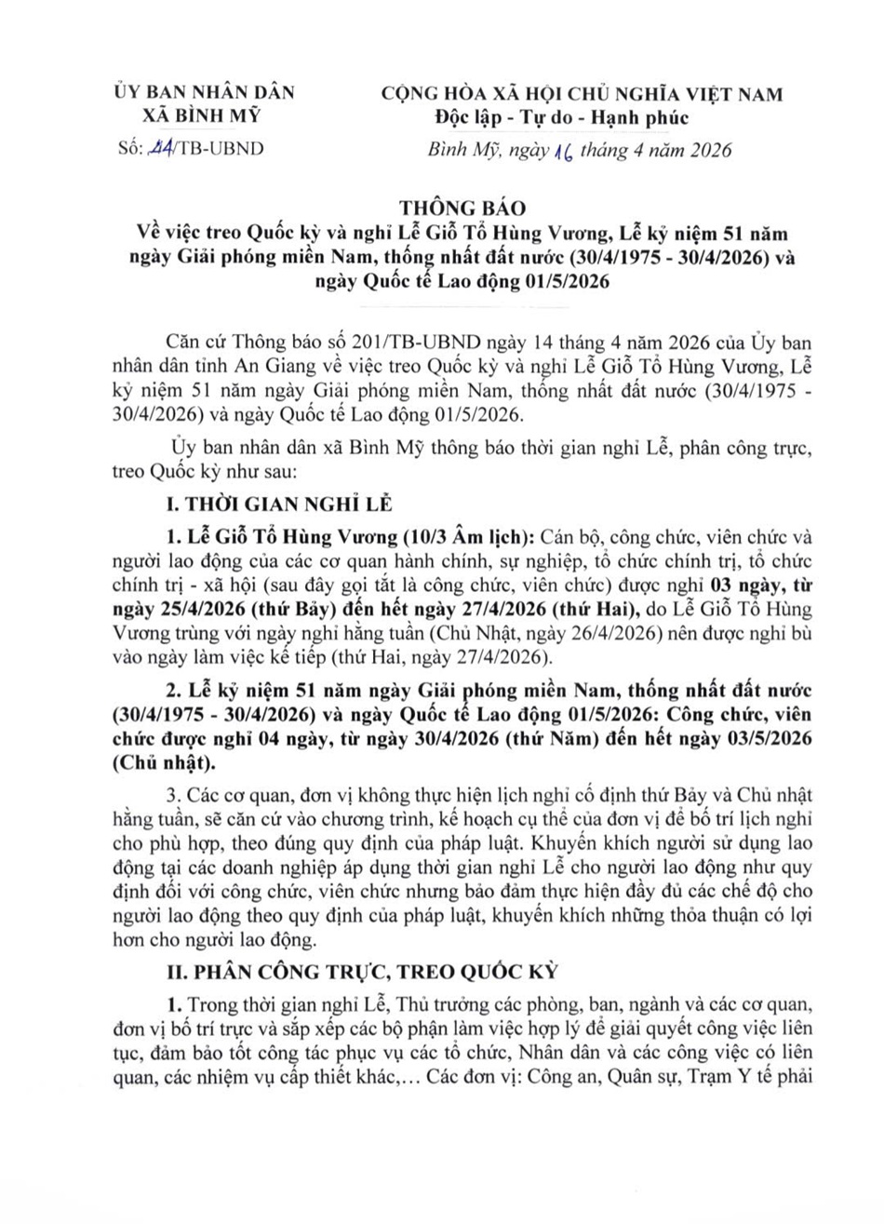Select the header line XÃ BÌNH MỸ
click(x=201, y=115)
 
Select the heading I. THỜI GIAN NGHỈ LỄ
click(x=277, y=504)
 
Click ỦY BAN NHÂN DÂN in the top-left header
click(x=202, y=92)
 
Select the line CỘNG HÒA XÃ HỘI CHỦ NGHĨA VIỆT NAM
click(x=583, y=93)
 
